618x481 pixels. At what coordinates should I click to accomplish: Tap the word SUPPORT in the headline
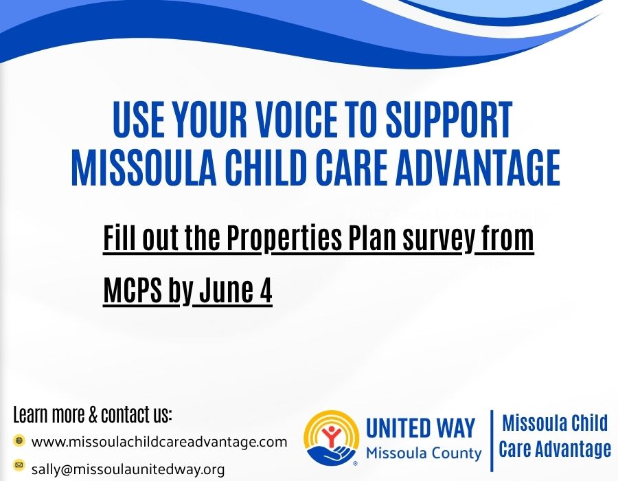click(x=449, y=119)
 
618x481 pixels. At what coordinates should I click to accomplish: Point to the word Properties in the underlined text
click(x=284, y=238)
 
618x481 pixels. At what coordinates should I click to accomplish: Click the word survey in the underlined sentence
click(x=439, y=238)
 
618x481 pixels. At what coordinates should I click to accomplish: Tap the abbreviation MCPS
click(x=133, y=290)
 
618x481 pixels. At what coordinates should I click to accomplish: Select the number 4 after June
click(x=266, y=290)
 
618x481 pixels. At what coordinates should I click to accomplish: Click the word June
click(x=227, y=290)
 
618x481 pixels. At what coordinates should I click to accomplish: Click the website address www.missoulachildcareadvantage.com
click(x=159, y=442)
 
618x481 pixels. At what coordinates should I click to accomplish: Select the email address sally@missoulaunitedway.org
click(x=128, y=469)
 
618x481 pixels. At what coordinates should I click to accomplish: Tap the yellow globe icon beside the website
click(x=19, y=440)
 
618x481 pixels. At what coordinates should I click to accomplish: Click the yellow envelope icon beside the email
click(x=19, y=465)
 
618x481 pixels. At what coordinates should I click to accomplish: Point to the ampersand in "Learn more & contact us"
click(x=93, y=415)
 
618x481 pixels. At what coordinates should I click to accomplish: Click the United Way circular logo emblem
click(x=332, y=438)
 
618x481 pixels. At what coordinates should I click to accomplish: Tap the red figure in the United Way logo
click(x=332, y=435)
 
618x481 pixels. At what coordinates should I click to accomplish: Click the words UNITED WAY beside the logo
click(x=420, y=428)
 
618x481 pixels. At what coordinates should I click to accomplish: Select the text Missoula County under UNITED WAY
click(x=424, y=454)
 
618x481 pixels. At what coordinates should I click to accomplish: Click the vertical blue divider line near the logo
click(x=492, y=440)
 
